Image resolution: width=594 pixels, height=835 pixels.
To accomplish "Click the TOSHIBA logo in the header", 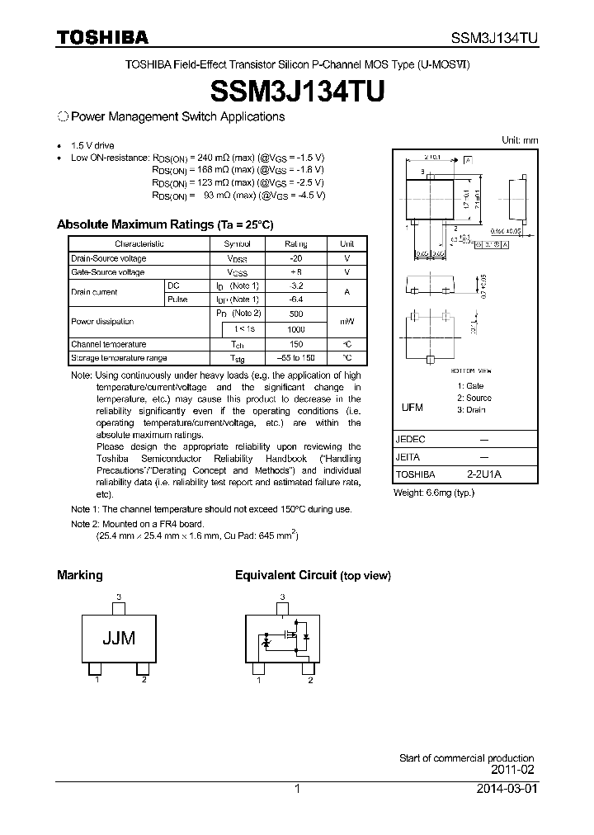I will [x=102, y=37].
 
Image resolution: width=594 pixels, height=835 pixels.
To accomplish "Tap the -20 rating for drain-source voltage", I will [x=295, y=258].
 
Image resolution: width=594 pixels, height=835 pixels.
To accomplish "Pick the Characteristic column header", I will [x=139, y=244].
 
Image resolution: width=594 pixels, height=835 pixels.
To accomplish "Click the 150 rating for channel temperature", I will [x=295, y=344].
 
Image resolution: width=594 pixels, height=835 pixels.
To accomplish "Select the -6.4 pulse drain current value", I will [x=295, y=300].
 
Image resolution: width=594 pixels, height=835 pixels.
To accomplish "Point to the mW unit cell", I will [x=346, y=322].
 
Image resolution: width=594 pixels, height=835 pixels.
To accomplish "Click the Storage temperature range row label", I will [x=119, y=358].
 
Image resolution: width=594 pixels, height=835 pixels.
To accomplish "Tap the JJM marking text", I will [x=119, y=638].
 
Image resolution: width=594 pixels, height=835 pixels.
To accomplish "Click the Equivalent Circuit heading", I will [x=285, y=575].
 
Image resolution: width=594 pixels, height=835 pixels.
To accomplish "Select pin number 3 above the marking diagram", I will [x=119, y=596].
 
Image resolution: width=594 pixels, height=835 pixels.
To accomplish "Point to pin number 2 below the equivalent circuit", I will [x=310, y=680].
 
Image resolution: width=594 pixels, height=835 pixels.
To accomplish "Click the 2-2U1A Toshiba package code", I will [x=483, y=475].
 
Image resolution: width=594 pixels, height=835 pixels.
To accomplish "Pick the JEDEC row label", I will [x=411, y=440].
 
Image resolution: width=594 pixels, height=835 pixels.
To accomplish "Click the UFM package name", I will [x=412, y=408].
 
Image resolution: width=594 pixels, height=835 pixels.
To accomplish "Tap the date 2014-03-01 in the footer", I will [x=507, y=789].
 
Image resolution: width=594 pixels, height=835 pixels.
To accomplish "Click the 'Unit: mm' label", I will [x=520, y=140].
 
